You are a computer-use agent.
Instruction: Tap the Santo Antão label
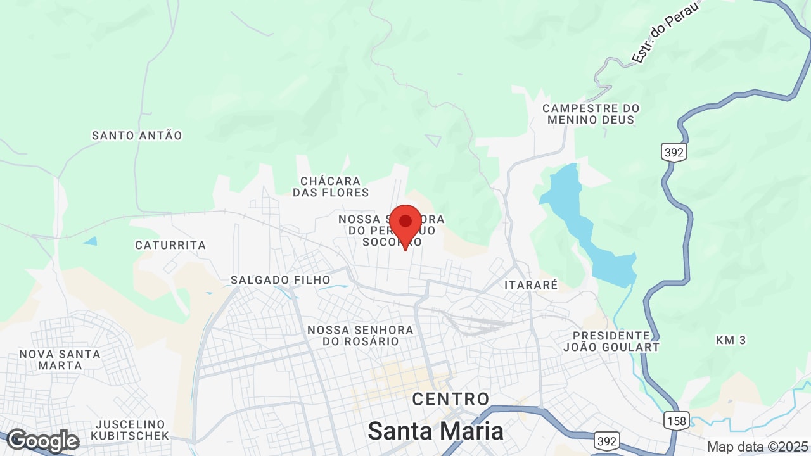[137, 136]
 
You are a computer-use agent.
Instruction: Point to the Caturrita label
[170, 245]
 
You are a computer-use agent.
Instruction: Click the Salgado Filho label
[281, 280]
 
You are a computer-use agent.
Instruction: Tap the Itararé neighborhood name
[531, 285]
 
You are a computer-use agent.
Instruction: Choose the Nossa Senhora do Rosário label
[361, 336]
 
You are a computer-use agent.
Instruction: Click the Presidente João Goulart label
[611, 341]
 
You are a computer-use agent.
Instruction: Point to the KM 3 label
[731, 340]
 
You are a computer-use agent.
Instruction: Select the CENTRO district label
[450, 399]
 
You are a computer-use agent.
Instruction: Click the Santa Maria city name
[436, 431]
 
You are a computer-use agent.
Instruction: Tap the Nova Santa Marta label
[60, 360]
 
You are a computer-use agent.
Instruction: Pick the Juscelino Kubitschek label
[130, 429]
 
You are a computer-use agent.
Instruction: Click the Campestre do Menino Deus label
[591, 114]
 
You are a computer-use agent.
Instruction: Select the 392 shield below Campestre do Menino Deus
[674, 152]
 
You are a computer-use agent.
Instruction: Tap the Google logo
[42, 441]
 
